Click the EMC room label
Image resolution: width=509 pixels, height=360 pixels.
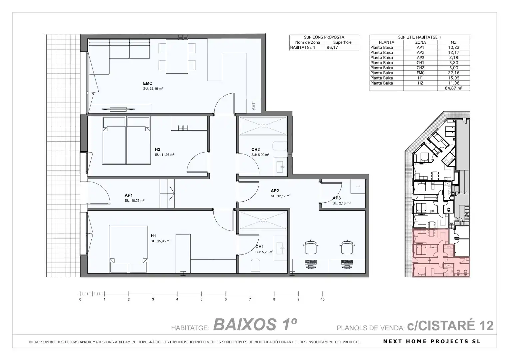(147, 83)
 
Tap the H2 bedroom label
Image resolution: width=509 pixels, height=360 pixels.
(157, 149)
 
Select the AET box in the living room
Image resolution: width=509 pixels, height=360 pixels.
(254, 106)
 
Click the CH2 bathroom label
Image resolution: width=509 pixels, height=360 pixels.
(255, 150)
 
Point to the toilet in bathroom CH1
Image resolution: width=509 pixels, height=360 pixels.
(256, 266)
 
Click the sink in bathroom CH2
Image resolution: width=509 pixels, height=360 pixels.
(280, 167)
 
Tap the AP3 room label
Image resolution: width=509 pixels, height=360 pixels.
(337, 198)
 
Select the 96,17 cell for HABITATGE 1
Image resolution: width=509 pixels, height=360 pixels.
(342, 47)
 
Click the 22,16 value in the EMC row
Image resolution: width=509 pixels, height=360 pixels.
(454, 73)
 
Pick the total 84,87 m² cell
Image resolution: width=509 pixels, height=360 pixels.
(454, 88)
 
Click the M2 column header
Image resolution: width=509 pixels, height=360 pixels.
(454, 42)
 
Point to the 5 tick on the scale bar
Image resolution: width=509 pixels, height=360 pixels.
(201, 294)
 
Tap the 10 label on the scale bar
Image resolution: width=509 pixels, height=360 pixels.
(323, 299)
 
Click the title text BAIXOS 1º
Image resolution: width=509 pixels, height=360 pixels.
(255, 324)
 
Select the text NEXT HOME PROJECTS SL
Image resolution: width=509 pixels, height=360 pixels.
(432, 341)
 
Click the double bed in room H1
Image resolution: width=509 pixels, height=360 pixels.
(129, 249)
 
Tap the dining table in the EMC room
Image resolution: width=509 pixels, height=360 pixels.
(177, 56)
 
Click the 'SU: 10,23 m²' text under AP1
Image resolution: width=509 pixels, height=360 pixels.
(134, 200)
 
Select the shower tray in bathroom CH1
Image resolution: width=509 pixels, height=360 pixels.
(263, 220)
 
